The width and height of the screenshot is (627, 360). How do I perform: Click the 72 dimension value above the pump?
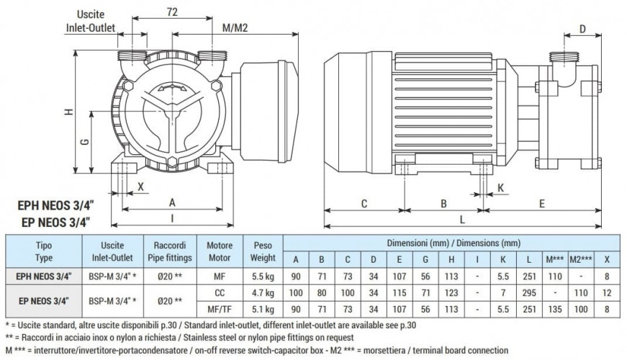click(x=172, y=13)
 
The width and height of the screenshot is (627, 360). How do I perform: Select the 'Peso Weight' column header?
click(x=262, y=251)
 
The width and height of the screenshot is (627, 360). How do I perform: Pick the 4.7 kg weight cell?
click(x=262, y=293)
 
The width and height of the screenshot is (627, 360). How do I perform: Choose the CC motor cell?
click(x=220, y=293)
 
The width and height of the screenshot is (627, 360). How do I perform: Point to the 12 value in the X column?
click(x=607, y=293)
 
